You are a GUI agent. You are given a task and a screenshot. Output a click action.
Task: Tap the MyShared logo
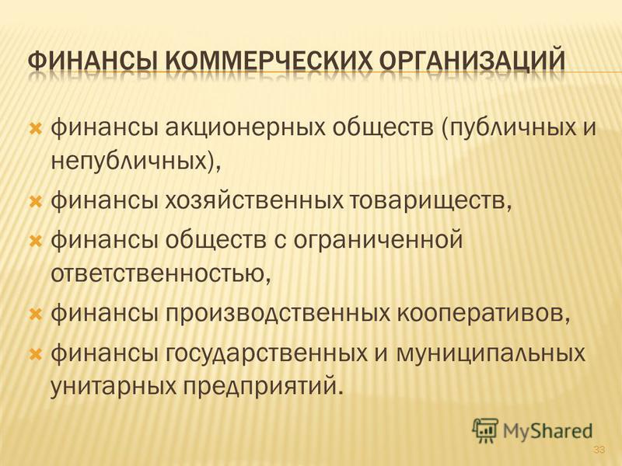[532, 430]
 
